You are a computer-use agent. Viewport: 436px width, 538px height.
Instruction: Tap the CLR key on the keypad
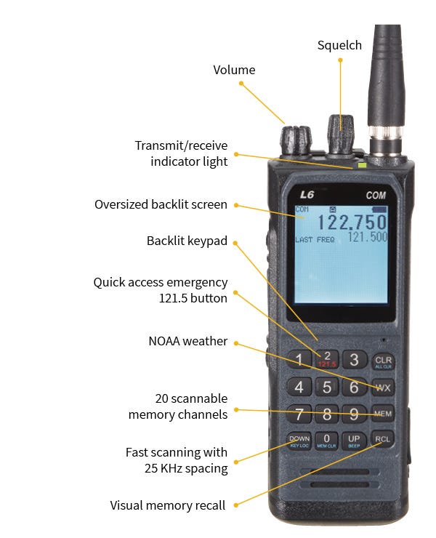(383, 361)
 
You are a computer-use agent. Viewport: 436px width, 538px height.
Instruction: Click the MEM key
(383, 414)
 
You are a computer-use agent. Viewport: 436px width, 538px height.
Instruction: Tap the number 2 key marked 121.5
(327, 359)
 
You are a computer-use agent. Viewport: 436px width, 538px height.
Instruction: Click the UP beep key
(354, 441)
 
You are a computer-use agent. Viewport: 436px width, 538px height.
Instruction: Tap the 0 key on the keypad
(326, 441)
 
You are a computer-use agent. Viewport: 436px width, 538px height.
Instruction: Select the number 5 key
(327, 387)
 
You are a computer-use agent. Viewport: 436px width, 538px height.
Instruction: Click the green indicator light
(362, 165)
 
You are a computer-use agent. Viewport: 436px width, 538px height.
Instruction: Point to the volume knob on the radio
(296, 140)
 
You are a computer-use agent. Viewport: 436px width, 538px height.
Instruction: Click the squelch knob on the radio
(340, 134)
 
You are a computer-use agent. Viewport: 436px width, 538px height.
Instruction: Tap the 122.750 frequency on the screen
(352, 222)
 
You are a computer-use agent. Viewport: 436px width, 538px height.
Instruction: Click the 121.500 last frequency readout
(368, 237)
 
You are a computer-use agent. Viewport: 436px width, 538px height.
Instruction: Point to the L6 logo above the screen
(307, 195)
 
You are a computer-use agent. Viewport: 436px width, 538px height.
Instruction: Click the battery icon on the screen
(379, 209)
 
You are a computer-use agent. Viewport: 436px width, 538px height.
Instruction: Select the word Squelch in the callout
(339, 45)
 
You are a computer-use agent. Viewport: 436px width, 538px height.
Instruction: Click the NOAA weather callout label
(188, 341)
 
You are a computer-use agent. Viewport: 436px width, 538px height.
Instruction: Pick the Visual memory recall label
(168, 505)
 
